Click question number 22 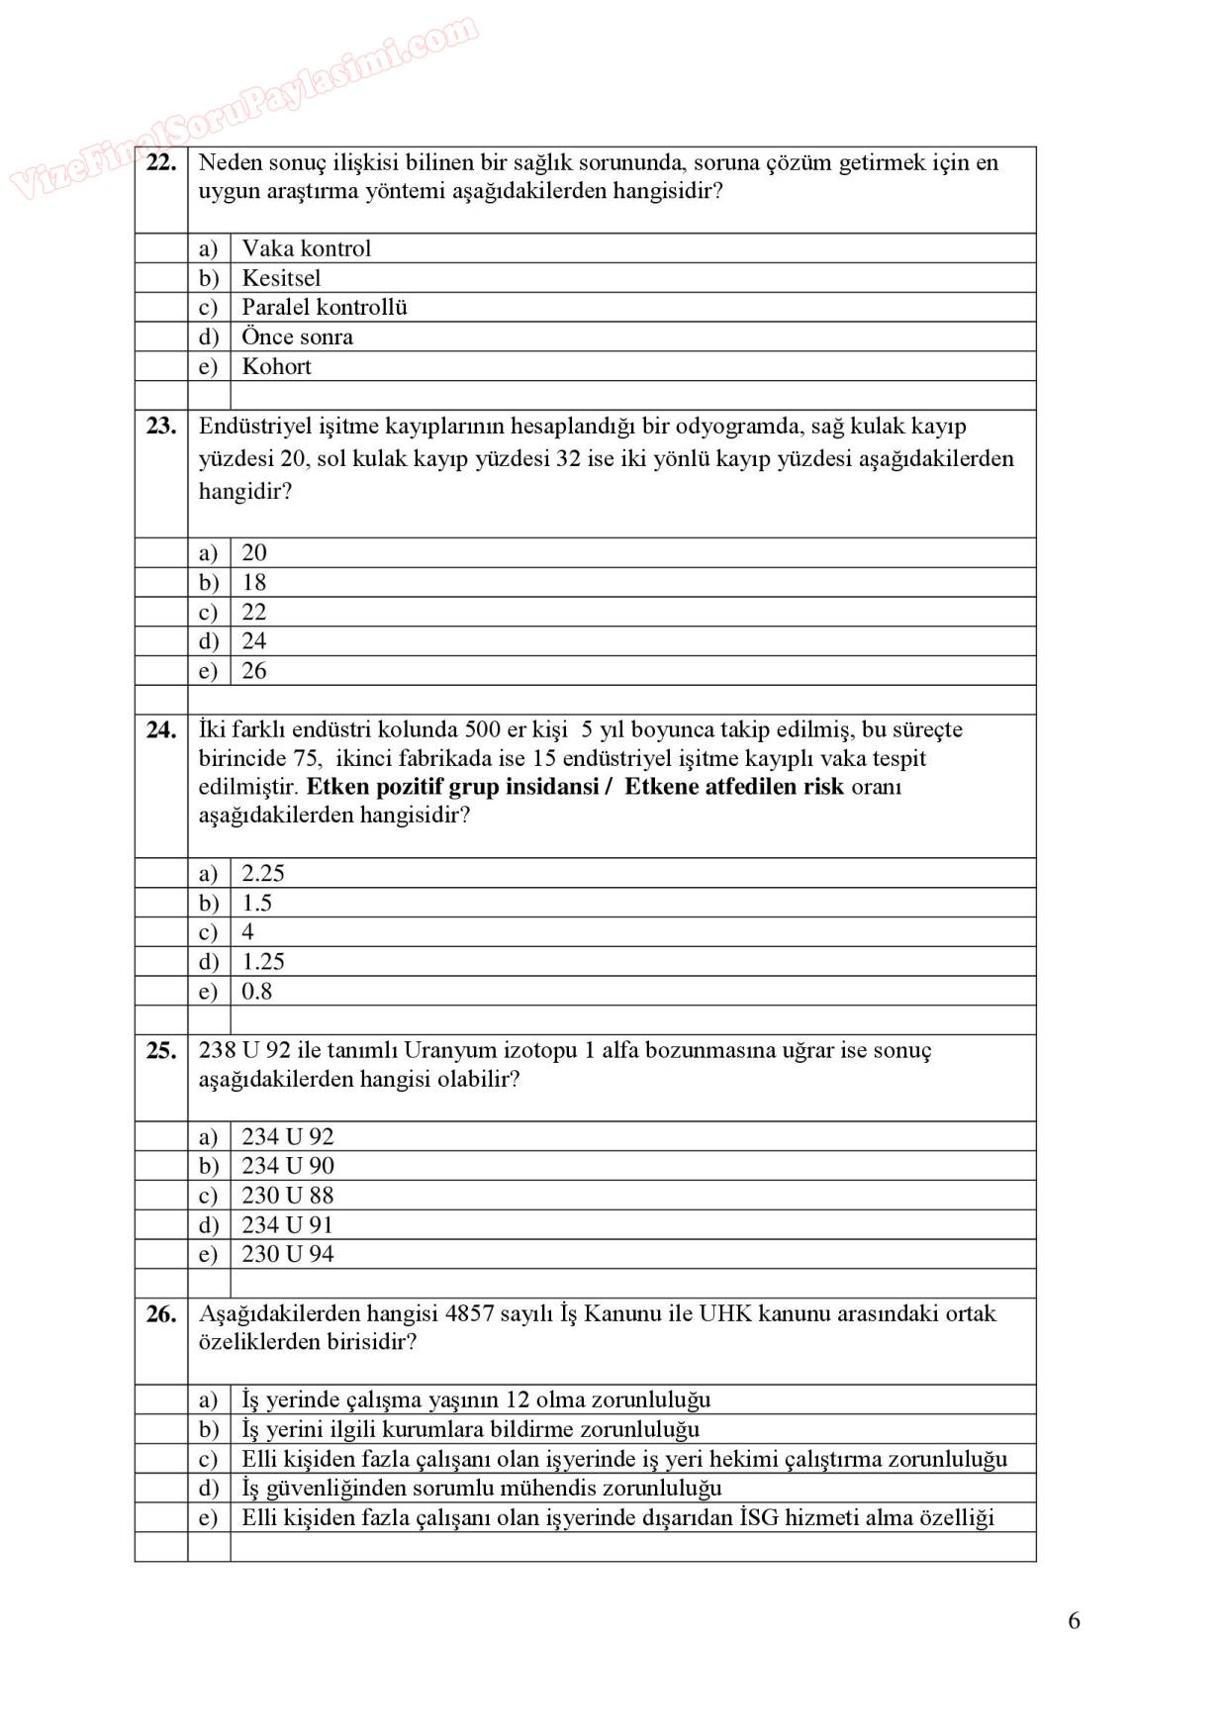tap(160, 163)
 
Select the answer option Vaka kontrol tap(306, 248)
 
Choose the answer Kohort tap(276, 366)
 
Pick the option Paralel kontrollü tap(324, 307)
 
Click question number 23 tap(160, 427)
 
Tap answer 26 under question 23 tap(253, 671)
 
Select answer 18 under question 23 tap(253, 582)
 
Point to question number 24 tap(160, 730)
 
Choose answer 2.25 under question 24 tap(262, 873)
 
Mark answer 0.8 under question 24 tap(256, 992)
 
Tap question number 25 tap(160, 1051)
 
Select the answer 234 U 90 tap(287, 1166)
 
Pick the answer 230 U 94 tap(287, 1255)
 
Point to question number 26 tap(160, 1314)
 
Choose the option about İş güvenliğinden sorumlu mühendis tap(481, 1488)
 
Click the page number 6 tap(1074, 1621)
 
